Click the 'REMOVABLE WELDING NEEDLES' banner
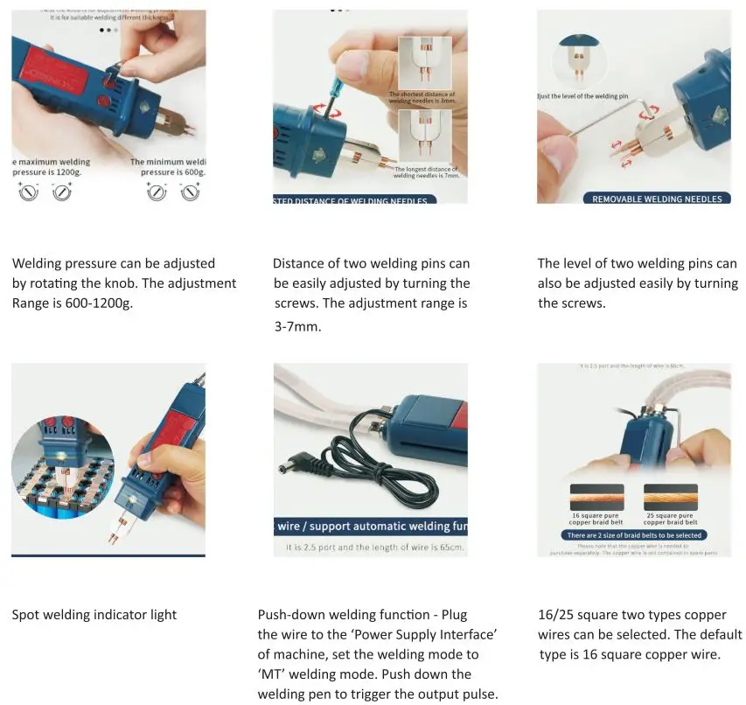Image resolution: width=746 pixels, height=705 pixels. click(x=657, y=199)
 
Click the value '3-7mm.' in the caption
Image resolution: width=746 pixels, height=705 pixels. click(x=297, y=325)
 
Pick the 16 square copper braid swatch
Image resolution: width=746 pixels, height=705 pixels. click(x=596, y=497)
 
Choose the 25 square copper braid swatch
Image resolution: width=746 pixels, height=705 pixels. click(x=670, y=497)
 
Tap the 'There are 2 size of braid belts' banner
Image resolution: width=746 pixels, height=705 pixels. click(x=634, y=534)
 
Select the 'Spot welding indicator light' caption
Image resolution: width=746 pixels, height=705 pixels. click(x=94, y=615)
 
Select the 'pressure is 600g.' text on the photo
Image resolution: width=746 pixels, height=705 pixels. click(x=171, y=172)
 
